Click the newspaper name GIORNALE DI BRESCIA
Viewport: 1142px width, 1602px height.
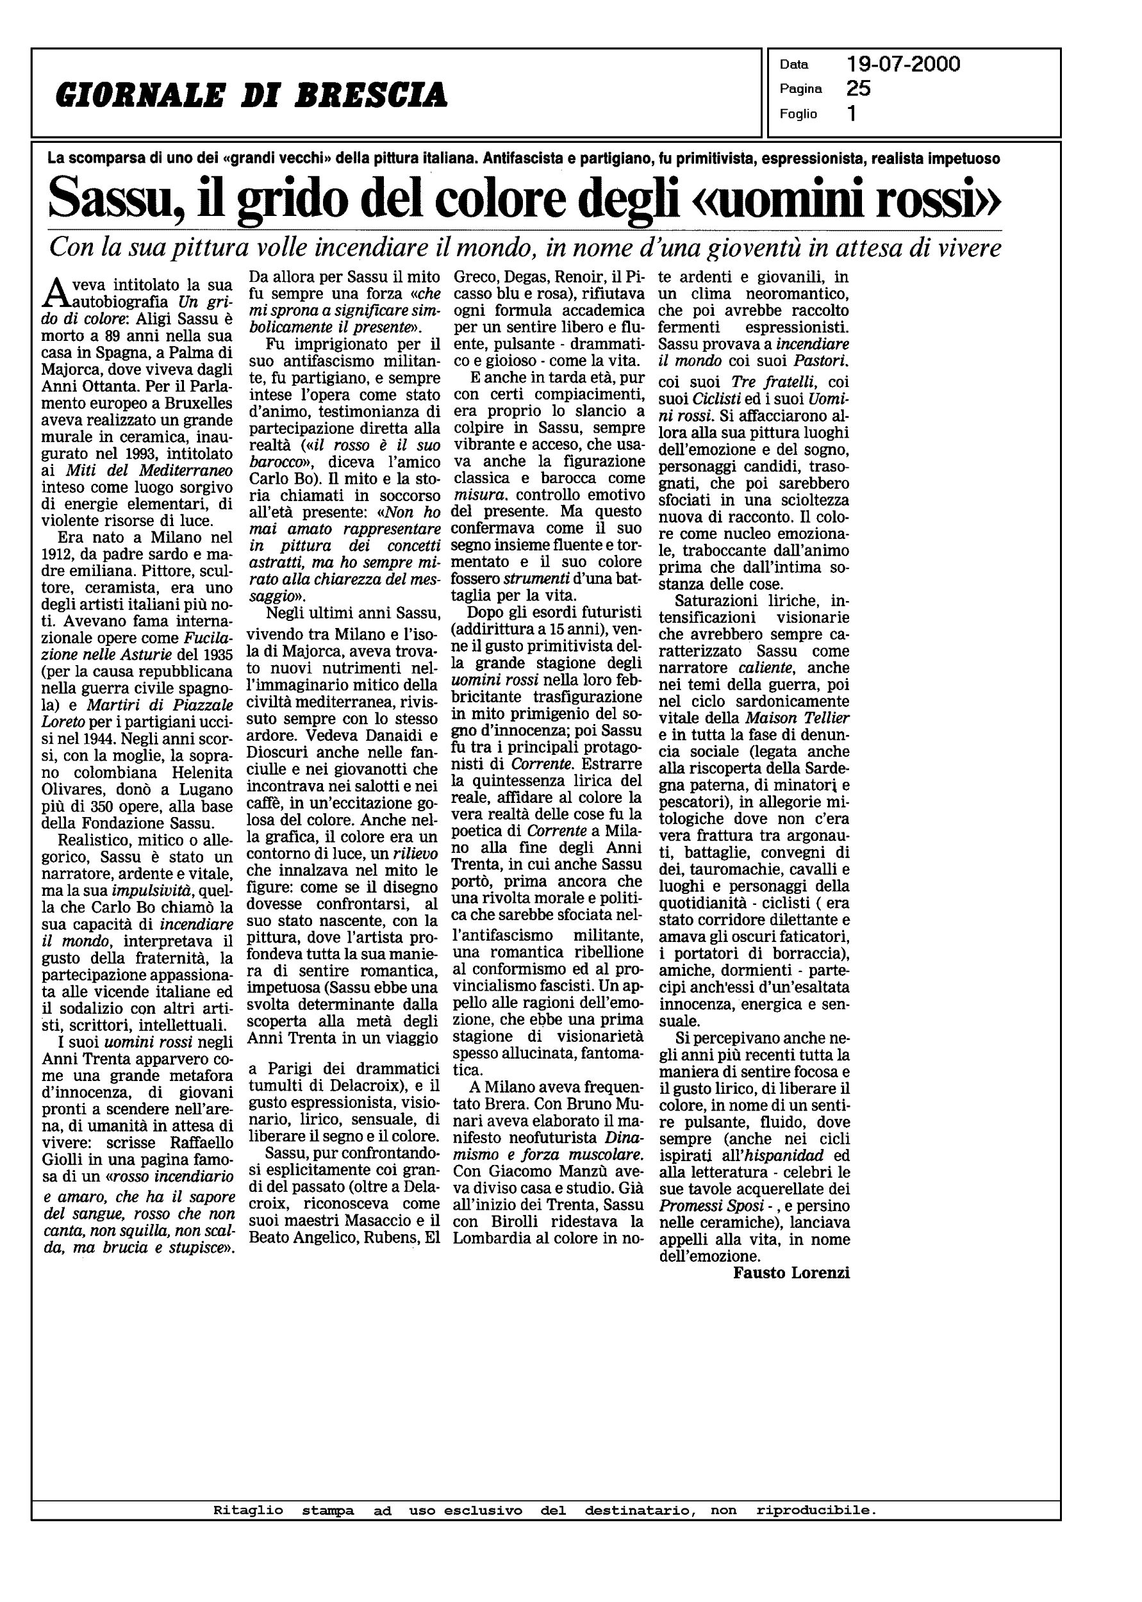[251, 95]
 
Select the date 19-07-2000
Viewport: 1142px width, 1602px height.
[903, 65]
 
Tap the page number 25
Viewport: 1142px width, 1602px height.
[859, 88]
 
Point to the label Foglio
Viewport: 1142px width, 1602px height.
[798, 114]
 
